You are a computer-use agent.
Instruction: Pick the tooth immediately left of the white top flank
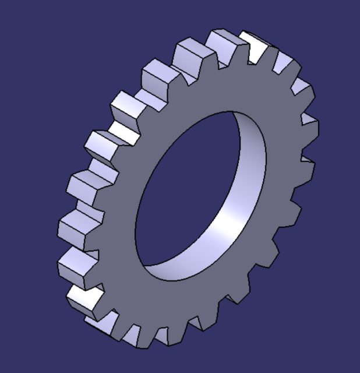point(221,44)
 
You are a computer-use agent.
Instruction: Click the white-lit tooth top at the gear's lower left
point(82,297)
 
